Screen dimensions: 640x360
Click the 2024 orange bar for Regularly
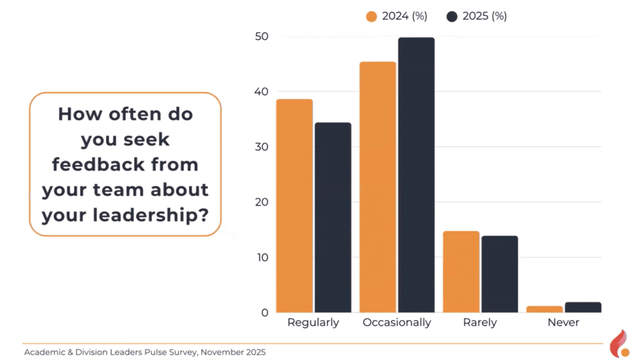(295, 206)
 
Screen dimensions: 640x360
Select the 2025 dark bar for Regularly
(333, 217)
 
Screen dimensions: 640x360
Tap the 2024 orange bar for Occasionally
(378, 187)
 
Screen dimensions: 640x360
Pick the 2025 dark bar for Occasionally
(416, 175)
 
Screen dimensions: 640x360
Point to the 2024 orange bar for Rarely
(461, 272)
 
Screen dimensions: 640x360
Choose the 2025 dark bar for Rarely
(499, 274)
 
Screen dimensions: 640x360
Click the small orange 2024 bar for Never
(544, 309)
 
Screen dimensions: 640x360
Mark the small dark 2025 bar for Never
(583, 307)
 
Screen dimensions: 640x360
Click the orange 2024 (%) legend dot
(371, 16)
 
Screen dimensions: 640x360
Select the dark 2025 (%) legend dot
(452, 16)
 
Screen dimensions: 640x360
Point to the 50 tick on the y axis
(262, 36)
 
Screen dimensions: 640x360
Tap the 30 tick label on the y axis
(262, 147)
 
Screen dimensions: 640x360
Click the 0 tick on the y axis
(265, 312)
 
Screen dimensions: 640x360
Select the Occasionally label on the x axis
(397, 322)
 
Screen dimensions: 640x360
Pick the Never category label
(563, 322)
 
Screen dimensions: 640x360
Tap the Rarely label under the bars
(480, 322)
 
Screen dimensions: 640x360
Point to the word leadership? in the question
(151, 215)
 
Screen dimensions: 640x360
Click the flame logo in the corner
(619, 344)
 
